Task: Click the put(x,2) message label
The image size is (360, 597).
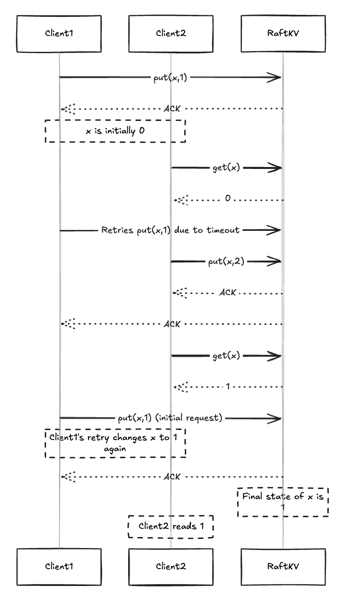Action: tap(227, 262)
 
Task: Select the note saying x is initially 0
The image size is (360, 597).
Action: tap(115, 131)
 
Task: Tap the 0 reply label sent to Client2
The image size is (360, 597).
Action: tap(228, 198)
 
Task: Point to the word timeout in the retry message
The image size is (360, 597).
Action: tap(223, 230)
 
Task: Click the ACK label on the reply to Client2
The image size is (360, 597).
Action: tap(228, 292)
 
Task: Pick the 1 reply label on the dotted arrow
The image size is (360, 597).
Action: tap(228, 386)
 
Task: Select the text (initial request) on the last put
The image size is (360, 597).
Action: tap(189, 418)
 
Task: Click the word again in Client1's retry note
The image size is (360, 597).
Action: tap(115, 449)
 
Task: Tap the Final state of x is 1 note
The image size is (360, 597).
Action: tap(283, 501)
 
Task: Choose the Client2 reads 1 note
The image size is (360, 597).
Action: tap(171, 526)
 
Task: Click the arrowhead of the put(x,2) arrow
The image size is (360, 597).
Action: tap(275, 262)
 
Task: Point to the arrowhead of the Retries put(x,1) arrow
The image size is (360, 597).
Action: tap(275, 230)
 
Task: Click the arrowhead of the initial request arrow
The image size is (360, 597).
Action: tap(275, 418)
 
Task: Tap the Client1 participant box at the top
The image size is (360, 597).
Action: tap(60, 34)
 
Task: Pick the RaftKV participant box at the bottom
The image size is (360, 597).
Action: tap(283, 566)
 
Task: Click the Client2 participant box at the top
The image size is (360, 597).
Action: tap(170, 34)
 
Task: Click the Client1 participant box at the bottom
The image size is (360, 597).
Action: tap(60, 566)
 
